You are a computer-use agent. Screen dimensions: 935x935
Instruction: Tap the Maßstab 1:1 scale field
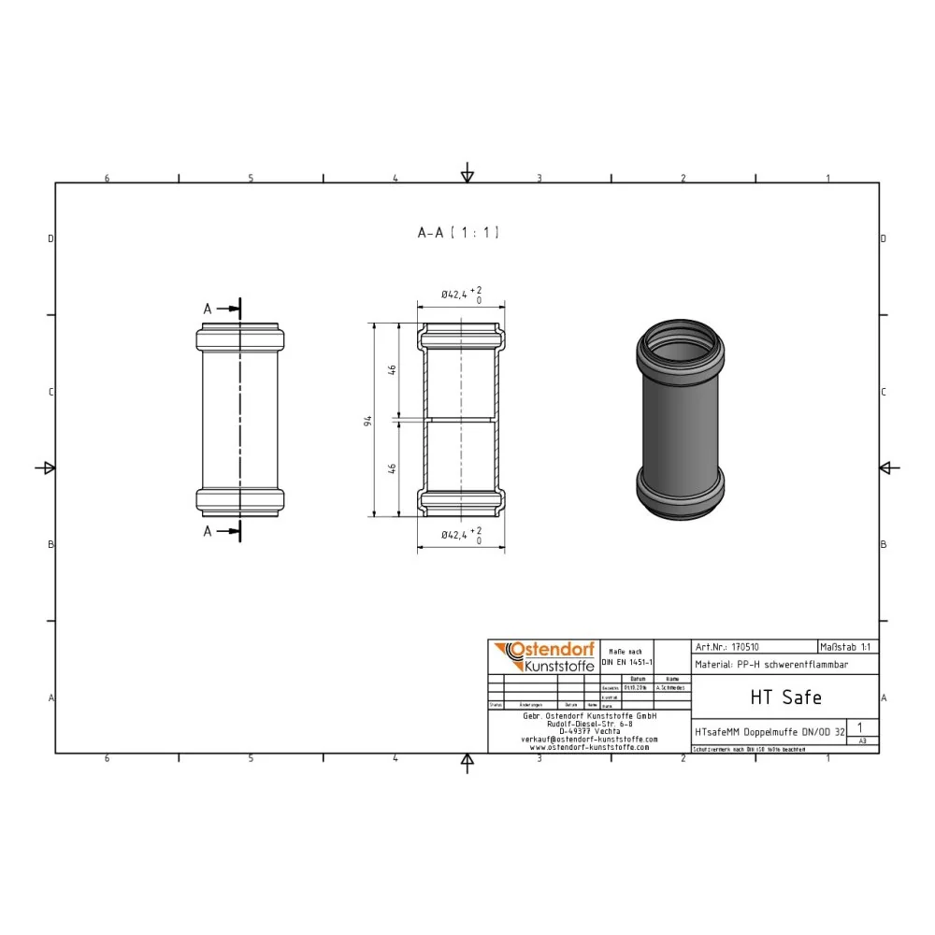pos(847,646)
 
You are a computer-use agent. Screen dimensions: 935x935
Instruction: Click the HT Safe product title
pos(785,697)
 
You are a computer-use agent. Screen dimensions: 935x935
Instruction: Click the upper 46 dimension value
pos(394,370)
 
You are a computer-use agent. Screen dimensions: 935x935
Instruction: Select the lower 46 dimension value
pos(394,467)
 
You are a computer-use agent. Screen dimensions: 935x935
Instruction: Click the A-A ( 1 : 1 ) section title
pos(458,233)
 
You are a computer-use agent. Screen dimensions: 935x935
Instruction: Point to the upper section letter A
pos(208,308)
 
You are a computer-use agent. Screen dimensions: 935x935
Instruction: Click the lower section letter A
pos(208,531)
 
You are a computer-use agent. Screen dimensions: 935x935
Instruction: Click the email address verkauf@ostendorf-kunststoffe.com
pos(589,739)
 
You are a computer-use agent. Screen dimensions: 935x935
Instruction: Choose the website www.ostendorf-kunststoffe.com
pos(589,747)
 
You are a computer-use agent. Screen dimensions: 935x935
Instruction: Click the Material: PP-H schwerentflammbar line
pos(771,665)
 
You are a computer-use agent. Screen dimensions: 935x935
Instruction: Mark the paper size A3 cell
pos(862,740)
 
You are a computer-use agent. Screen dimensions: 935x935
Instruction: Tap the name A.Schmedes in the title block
pos(671,687)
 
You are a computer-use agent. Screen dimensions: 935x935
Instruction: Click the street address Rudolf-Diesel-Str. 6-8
pos(589,723)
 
